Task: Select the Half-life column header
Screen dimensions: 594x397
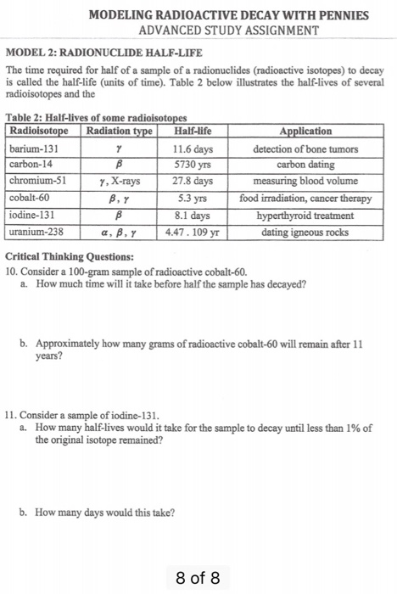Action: point(191,132)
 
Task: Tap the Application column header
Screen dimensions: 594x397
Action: point(305,132)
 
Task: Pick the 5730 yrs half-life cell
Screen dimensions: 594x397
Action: point(192,165)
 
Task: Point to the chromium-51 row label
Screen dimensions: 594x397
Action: point(37,181)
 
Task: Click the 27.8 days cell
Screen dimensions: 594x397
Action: point(192,181)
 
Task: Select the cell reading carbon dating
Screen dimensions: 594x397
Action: point(305,165)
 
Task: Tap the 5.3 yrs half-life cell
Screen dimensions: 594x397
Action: point(192,198)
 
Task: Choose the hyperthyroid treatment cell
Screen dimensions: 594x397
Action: point(305,215)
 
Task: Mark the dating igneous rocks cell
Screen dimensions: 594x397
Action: point(305,231)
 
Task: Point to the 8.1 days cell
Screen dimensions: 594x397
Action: point(192,215)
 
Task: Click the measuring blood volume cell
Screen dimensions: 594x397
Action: point(305,181)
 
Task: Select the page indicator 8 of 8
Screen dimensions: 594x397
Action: point(198,578)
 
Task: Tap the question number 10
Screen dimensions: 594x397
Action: point(11,271)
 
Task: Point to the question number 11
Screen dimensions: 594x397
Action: point(11,417)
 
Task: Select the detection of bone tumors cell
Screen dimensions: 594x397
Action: point(305,148)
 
